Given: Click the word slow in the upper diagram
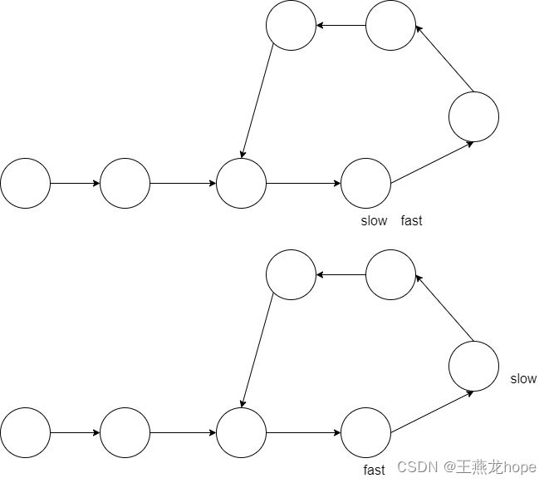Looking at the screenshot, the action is [374, 221].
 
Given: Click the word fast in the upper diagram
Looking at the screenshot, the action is [411, 221].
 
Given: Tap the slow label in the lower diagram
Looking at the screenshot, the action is [523, 379].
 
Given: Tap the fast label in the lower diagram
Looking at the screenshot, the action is [375, 471].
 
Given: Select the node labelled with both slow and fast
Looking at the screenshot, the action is [365, 183].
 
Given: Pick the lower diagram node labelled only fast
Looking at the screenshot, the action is [365, 432].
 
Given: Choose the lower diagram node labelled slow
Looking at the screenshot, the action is [473, 366].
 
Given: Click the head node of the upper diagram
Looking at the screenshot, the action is [25, 183].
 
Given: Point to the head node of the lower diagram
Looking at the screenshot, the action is [25, 432].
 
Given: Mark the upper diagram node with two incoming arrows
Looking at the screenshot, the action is [241, 183].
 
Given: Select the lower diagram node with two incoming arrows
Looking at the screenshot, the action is [241, 432].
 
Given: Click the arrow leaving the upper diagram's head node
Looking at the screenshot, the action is [75, 183].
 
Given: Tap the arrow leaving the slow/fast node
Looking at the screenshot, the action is [432, 162].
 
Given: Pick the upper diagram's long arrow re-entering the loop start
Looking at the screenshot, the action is [257, 100].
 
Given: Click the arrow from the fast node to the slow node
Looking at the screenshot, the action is [432, 412].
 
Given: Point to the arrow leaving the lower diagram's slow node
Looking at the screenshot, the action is [444, 308].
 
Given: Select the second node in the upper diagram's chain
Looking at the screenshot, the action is [125, 183].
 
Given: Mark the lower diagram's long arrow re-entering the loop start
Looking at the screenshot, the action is [257, 349].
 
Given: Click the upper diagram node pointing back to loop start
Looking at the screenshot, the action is [291, 25].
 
